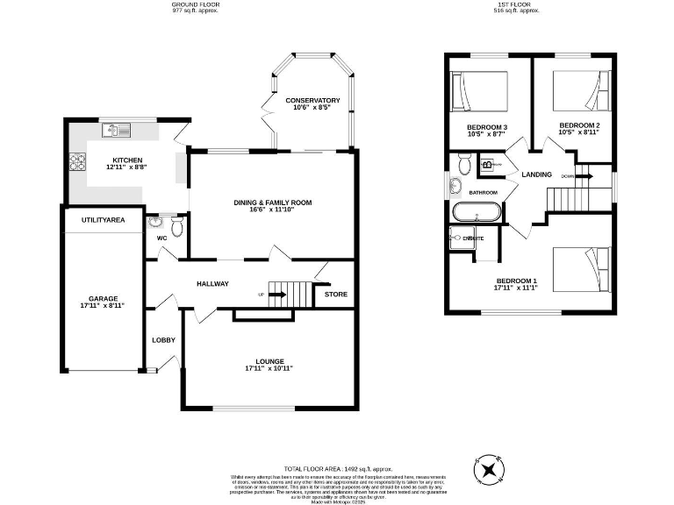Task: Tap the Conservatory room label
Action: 312,101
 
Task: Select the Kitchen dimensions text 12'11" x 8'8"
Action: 126,167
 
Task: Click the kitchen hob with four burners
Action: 76,161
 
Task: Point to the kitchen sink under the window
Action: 116,132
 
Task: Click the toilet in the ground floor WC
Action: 176,228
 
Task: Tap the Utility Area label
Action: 104,219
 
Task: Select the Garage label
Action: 102,298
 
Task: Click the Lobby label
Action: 163,340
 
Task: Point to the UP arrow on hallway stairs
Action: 276,295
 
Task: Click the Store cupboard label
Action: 336,294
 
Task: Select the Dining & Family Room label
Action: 273,203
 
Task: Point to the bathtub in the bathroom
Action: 477,212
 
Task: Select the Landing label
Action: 536,174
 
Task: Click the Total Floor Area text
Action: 338,469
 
